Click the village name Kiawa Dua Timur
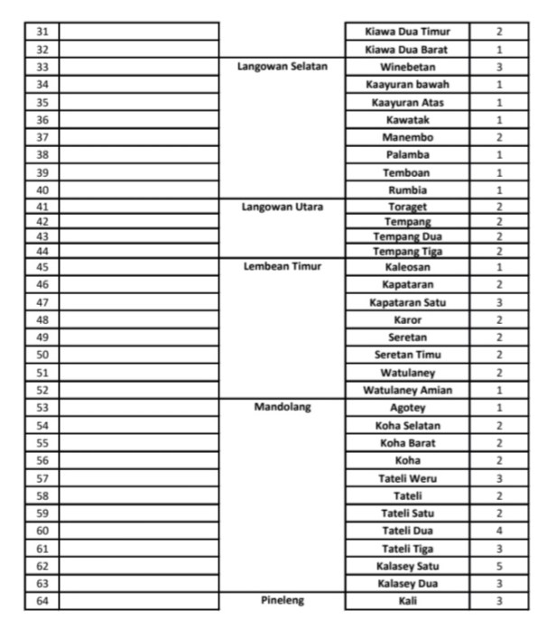(x=407, y=32)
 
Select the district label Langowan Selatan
(x=283, y=67)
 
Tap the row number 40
(x=42, y=190)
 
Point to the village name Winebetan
(x=407, y=67)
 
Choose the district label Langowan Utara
(x=283, y=207)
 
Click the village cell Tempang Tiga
(x=407, y=252)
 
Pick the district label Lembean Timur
(x=283, y=267)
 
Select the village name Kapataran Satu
(x=407, y=302)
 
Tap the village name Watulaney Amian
(x=407, y=390)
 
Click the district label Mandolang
(x=283, y=407)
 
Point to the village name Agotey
(x=407, y=407)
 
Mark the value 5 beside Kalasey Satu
(x=498, y=566)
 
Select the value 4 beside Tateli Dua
(x=498, y=531)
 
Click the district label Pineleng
(x=283, y=601)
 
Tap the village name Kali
(x=407, y=601)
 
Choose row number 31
(x=42, y=32)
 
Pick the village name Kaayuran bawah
(x=407, y=84)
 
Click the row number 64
(x=42, y=601)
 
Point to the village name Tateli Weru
(x=407, y=478)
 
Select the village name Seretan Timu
(x=407, y=355)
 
